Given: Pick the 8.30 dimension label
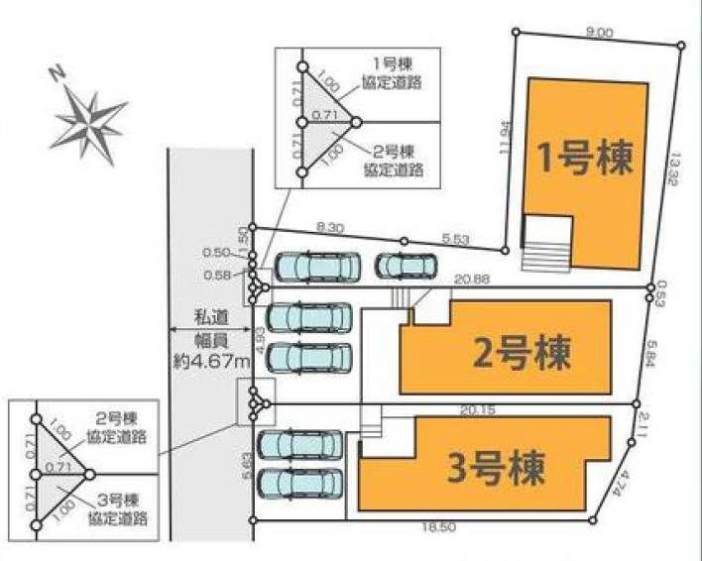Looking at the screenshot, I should tap(329, 227).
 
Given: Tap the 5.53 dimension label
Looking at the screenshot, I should tap(455, 238).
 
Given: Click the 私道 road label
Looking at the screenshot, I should tap(209, 317).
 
